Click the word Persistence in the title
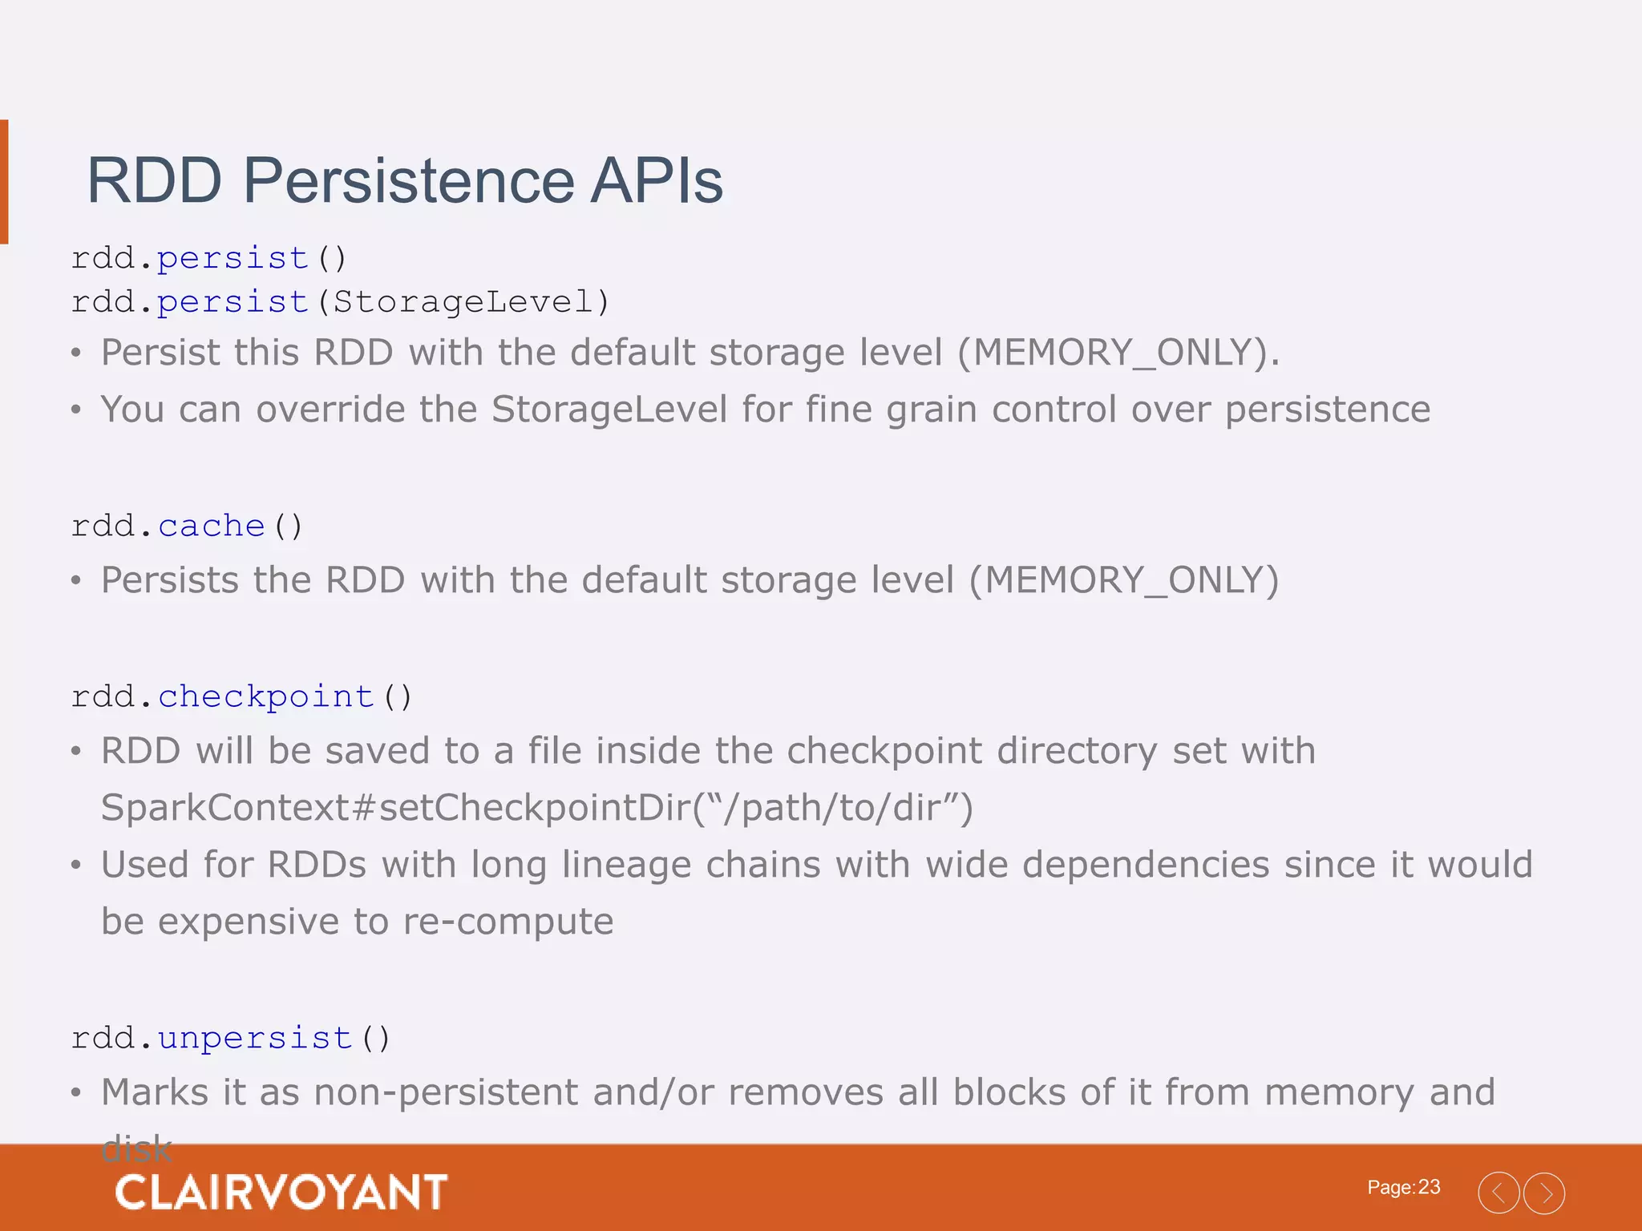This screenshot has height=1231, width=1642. pyautogui.click(x=408, y=181)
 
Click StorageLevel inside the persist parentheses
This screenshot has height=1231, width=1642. pyautogui.click(x=463, y=302)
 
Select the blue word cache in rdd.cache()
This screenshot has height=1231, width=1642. pyautogui.click(x=212, y=527)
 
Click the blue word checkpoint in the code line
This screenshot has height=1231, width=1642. pyautogui.click(x=266, y=696)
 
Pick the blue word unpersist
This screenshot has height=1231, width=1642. pyautogui.click(x=255, y=1038)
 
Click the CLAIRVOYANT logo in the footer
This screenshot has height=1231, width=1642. pyautogui.click(x=281, y=1192)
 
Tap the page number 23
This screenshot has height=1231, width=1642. pyautogui.click(x=1429, y=1187)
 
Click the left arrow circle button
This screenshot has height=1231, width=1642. pyautogui.click(x=1498, y=1193)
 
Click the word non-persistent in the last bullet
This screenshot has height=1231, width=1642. pyautogui.click(x=446, y=1092)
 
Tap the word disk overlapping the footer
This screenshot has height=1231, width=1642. pyautogui.click(x=136, y=1149)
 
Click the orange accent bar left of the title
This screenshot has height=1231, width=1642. pyautogui.click(x=4, y=181)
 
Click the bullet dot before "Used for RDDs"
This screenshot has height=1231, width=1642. pyautogui.click(x=76, y=866)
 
